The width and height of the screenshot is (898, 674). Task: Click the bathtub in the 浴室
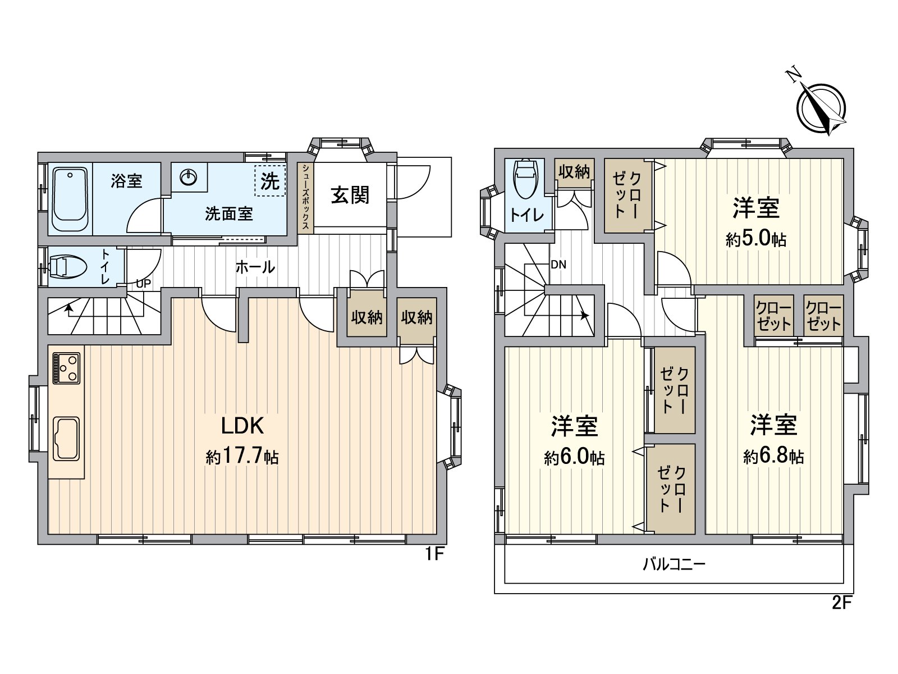70,200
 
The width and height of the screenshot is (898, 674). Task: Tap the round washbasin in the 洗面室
189,178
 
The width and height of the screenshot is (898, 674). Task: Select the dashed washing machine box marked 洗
269,181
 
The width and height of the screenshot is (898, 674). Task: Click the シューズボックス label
305,197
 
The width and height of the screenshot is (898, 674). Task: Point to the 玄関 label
350,195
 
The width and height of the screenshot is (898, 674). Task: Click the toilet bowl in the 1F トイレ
67,267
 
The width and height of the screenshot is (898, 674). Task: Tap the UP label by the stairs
144,284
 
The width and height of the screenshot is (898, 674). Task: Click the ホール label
255,267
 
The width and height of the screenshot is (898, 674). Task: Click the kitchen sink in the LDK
66,438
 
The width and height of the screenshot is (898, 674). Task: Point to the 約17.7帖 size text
242,457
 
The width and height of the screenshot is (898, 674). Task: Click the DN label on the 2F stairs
558,265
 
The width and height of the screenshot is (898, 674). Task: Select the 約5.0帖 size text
755,239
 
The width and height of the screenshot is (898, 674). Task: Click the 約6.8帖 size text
773,456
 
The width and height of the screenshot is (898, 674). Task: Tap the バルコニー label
673,564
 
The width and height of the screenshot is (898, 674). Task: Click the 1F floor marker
434,554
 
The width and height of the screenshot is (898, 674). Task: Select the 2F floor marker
842,603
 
